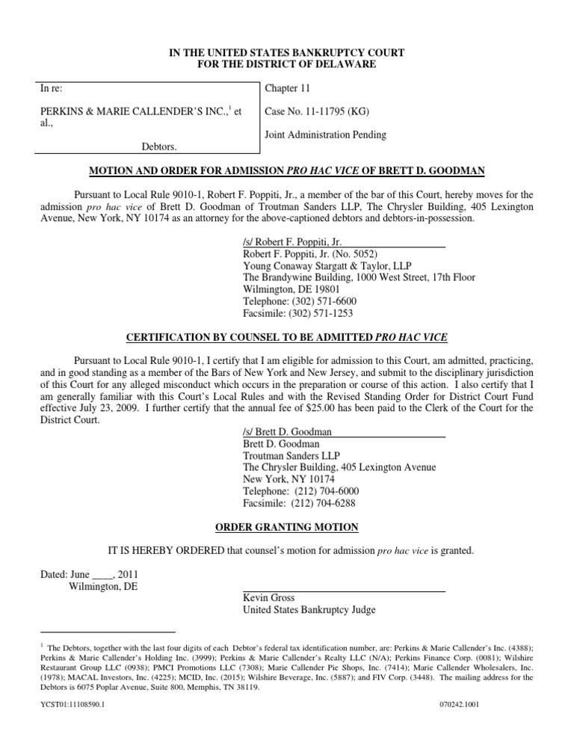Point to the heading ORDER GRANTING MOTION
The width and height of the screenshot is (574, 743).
click(287, 528)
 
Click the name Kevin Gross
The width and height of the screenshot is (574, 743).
click(269, 598)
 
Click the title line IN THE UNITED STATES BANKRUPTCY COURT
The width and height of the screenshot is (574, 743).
click(287, 52)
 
